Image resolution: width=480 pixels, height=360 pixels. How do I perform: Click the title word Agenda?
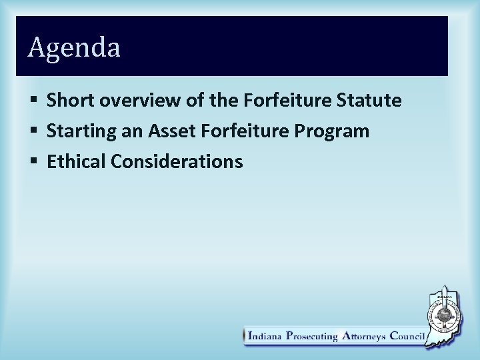74,48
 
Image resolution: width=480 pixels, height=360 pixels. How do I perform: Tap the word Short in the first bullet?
69,101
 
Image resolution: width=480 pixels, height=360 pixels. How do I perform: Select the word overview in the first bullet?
132,101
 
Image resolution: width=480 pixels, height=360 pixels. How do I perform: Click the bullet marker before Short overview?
34,101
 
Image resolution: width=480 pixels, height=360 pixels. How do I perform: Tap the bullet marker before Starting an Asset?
34,132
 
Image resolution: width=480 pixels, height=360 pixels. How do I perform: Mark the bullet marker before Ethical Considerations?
34,162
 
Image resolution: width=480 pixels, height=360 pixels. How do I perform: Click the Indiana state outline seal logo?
445,313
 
